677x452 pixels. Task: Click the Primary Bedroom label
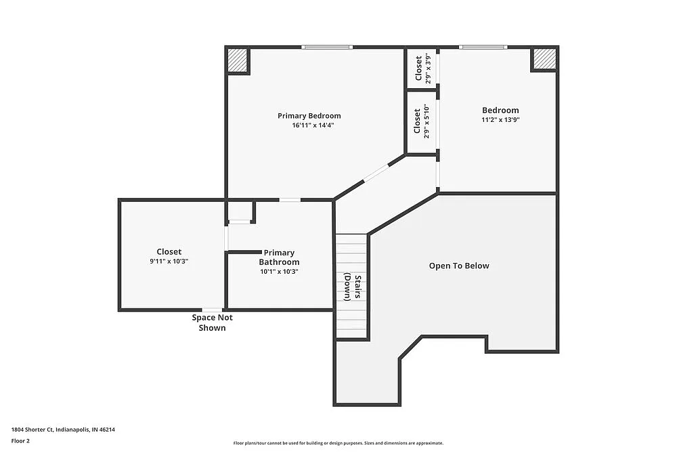pyautogui.click(x=309, y=116)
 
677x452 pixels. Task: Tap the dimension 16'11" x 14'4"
pyautogui.click(x=313, y=125)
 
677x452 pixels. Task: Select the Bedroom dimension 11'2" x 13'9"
pyautogui.click(x=500, y=120)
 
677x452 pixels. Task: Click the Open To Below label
pyautogui.click(x=459, y=266)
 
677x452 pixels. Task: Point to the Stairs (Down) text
pyautogui.click(x=352, y=286)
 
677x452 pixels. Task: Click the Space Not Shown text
pyautogui.click(x=212, y=323)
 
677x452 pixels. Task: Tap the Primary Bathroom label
pyautogui.click(x=279, y=258)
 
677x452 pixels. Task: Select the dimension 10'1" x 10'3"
pyautogui.click(x=279, y=271)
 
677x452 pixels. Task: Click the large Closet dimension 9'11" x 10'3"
pyautogui.click(x=169, y=262)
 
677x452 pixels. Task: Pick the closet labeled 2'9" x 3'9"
pyautogui.click(x=422, y=68)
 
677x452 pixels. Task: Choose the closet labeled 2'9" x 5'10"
pyautogui.click(x=422, y=123)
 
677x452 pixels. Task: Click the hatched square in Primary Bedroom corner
pyautogui.click(x=237, y=60)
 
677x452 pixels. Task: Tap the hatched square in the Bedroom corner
pyautogui.click(x=544, y=59)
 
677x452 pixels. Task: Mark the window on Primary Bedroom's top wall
pyautogui.click(x=327, y=47)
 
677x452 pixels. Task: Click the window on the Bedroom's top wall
pyautogui.click(x=483, y=47)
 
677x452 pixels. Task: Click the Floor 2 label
pyautogui.click(x=20, y=440)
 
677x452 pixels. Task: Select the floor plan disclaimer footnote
pyautogui.click(x=338, y=442)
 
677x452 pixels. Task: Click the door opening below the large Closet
pyautogui.click(x=212, y=310)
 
